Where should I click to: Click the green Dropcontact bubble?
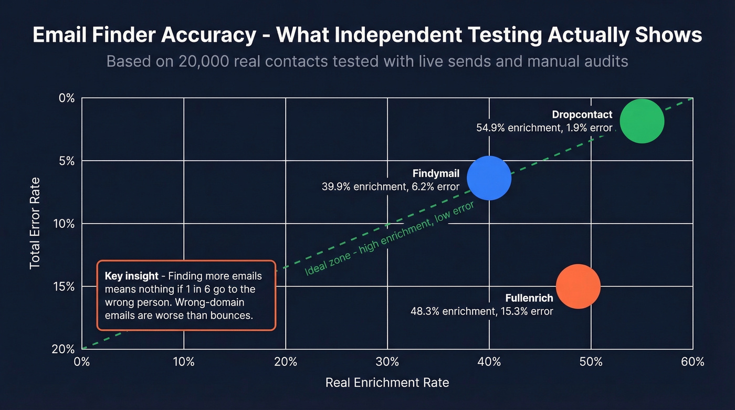coord(642,121)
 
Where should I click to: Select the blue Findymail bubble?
coord(489,178)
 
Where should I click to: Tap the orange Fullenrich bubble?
coord(577,286)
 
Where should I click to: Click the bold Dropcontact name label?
coord(582,114)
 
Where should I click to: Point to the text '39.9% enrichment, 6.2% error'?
coord(390,186)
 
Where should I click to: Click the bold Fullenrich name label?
coord(529,298)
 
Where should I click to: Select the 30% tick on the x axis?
coord(387,362)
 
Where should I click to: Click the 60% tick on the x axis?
coord(692,362)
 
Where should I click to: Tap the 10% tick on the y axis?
coord(66,224)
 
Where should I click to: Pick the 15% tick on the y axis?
coord(66,287)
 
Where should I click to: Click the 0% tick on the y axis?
coord(67,98)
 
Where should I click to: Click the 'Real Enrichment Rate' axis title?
coord(387,382)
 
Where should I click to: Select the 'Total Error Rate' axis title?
coord(35,224)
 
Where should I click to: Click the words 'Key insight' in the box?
coord(131,276)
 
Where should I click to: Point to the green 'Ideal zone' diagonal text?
coord(389,237)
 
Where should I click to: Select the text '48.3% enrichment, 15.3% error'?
coord(481,311)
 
